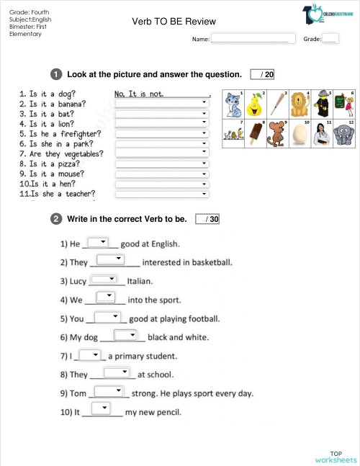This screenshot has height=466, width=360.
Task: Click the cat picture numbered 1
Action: coord(233,105)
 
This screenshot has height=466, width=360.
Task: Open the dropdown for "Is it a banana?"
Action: coord(162,103)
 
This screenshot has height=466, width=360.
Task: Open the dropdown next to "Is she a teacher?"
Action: coord(162,193)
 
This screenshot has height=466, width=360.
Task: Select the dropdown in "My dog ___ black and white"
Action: coord(125,335)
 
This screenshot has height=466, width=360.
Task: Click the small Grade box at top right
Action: coord(330,39)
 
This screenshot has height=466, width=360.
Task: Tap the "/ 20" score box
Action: coord(262,74)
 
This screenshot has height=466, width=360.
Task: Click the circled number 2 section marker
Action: coord(55,219)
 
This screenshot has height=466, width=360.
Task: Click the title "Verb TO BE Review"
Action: coord(174,22)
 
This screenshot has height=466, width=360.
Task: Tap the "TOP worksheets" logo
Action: coord(336,456)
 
